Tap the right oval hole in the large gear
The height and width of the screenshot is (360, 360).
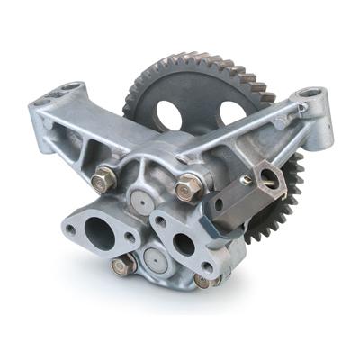pos(231,112)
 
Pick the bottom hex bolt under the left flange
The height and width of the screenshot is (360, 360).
pos(122,265)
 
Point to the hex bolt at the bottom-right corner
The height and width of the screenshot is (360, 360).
pos(205,281)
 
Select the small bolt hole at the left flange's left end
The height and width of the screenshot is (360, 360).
pos(69,229)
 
